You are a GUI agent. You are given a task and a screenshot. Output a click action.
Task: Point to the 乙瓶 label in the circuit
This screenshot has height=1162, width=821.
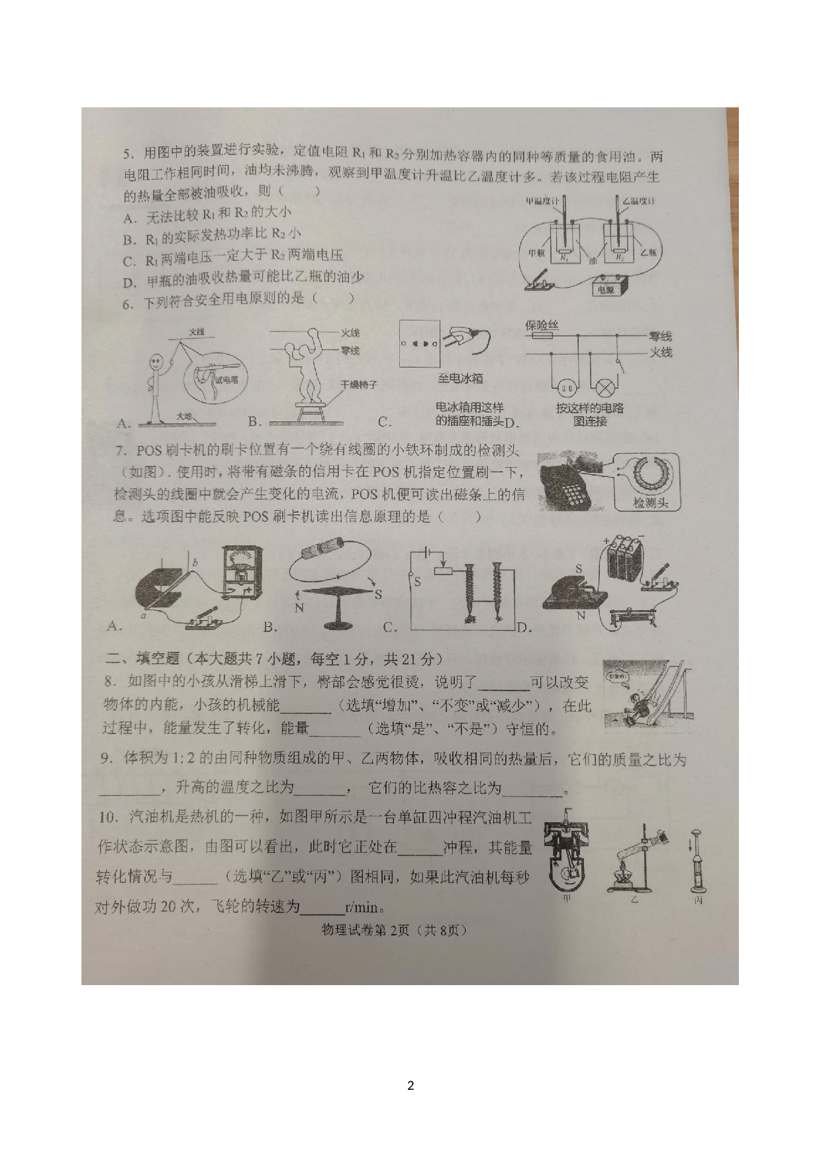click(648, 252)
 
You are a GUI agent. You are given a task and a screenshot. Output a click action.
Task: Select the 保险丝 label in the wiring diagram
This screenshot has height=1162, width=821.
click(542, 325)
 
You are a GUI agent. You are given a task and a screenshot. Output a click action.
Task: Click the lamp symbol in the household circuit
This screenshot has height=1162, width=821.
click(604, 388)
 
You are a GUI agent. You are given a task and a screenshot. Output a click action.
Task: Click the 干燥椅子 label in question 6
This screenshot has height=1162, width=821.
click(358, 384)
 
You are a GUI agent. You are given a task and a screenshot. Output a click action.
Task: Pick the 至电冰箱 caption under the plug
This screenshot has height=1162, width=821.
click(460, 378)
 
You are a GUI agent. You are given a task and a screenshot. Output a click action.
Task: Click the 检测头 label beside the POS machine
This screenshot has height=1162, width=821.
click(650, 503)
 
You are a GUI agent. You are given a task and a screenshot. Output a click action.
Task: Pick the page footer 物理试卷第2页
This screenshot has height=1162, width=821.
click(393, 930)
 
